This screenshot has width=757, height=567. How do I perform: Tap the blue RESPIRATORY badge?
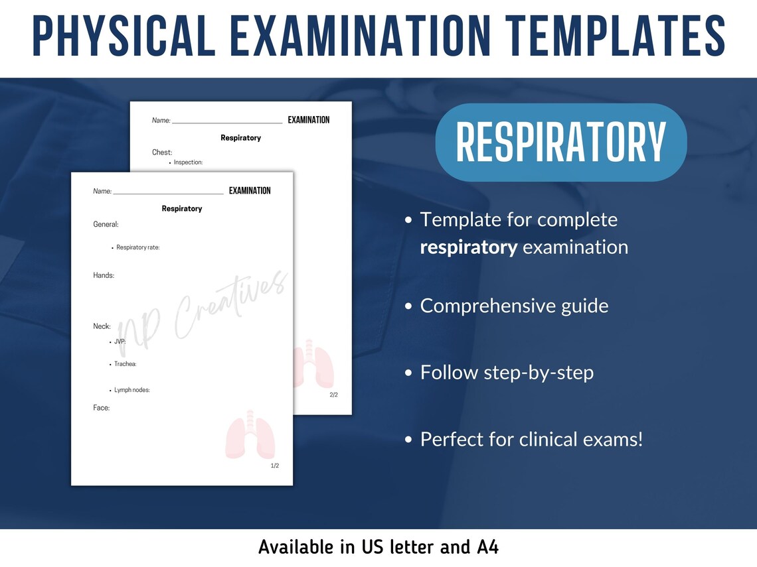(560, 142)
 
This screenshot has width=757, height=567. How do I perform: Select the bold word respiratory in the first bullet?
(469, 247)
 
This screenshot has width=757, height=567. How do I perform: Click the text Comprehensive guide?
(514, 306)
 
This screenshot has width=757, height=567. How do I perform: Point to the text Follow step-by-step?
(507, 373)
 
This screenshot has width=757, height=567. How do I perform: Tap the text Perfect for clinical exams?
(531, 439)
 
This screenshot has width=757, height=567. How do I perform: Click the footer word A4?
(487, 547)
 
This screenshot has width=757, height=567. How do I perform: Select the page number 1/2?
(275, 466)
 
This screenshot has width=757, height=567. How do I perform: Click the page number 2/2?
(334, 395)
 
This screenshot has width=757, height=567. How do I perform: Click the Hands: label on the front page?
(104, 275)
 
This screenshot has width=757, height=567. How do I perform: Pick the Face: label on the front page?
(102, 408)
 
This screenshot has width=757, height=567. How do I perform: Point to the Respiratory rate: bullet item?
(137, 247)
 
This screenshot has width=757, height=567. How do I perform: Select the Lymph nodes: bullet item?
(131, 390)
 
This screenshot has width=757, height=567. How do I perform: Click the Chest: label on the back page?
(162, 153)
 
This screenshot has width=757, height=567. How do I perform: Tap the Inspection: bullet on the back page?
(188, 162)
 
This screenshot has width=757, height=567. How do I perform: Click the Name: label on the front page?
(102, 191)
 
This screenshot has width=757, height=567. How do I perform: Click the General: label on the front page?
(106, 224)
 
